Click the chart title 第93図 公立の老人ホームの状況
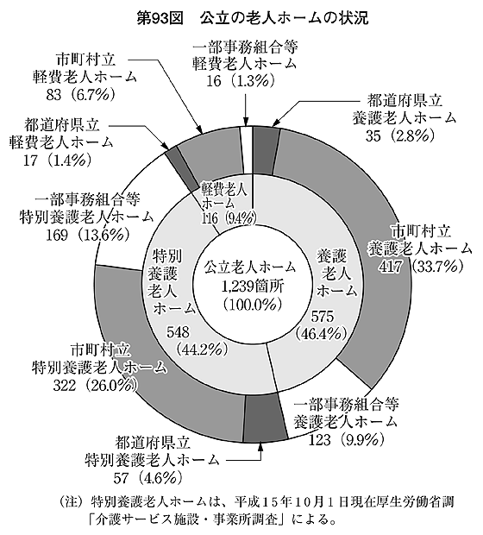pos(253,18)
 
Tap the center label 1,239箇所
pos(252,286)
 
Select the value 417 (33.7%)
pos(421,266)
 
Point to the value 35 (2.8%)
pos(400,135)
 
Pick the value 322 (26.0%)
pos(96,386)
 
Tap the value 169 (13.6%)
pos(88,235)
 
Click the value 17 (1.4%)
pos(57,160)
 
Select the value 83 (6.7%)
pos(80,95)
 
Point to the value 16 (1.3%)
pos(240,80)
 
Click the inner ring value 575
pos(322,318)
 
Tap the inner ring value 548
pos(178,332)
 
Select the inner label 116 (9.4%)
pos(229,218)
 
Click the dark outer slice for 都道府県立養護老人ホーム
pos(267,152)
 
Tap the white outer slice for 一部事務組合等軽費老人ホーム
pos(247,150)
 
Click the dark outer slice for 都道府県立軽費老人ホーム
pos(179,168)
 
